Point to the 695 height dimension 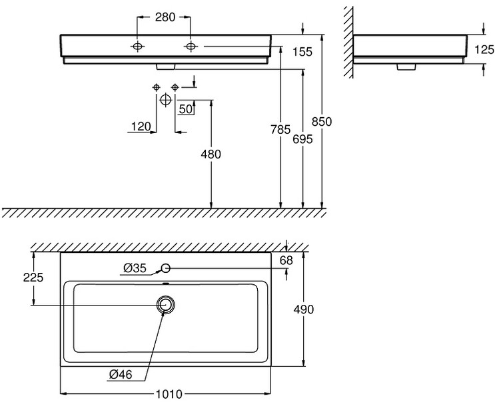tap(303, 140)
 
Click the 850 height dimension tap(322, 122)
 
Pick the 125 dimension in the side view tap(484, 49)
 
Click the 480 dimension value tap(211, 154)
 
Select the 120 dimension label tap(141, 125)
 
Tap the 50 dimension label tap(186, 108)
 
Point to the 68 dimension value tap(286, 260)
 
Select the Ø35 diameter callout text tap(135, 268)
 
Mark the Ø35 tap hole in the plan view tap(166, 268)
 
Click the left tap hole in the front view tap(137, 46)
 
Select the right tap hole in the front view tap(191, 46)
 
